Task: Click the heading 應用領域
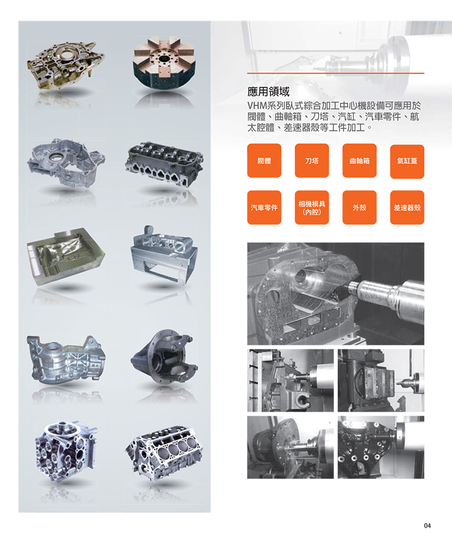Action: pos(268,92)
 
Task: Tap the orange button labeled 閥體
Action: pos(264,161)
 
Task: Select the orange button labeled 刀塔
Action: pos(312,161)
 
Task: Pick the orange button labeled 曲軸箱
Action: pos(359,161)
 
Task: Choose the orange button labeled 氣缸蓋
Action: pos(407,162)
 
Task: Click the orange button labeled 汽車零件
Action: pos(264,208)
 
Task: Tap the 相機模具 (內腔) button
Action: pos(312,208)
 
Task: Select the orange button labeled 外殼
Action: pos(359,208)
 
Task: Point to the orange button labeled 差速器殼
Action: pos(407,208)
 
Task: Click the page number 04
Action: pos(427,525)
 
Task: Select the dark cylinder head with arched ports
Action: pos(164,163)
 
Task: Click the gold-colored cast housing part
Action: pos(65,65)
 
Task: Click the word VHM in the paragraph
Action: pos(257,106)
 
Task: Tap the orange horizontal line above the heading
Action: pos(336,74)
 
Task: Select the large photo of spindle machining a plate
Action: pos(336,294)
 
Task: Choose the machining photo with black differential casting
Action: pos(381,447)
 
